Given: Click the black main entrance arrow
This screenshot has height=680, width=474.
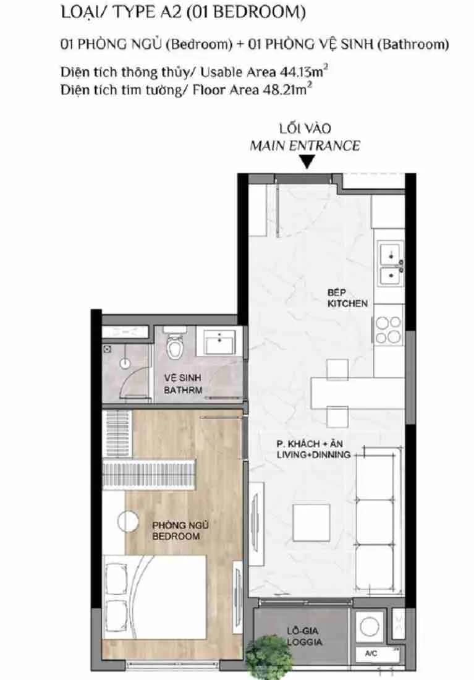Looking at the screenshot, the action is (307, 163).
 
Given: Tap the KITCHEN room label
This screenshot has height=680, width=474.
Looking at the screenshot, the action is (347, 303).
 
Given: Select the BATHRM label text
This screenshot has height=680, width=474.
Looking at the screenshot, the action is (183, 390).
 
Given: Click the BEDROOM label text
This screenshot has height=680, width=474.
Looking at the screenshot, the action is (176, 537).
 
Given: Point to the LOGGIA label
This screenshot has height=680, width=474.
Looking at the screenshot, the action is (305, 642).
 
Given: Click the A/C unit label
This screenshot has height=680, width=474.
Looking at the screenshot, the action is (371, 653).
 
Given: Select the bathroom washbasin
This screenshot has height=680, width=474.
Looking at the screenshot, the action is (220, 341).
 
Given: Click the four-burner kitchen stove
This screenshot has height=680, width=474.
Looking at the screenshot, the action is (387, 329).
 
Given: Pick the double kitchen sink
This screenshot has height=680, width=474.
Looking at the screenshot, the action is (391, 264).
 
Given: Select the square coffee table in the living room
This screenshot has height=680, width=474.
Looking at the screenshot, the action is (311, 522).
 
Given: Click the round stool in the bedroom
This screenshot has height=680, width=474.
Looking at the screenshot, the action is (129, 521).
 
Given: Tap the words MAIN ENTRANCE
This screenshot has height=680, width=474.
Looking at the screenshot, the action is (305, 146).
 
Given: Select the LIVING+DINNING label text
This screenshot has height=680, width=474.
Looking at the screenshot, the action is (313, 454).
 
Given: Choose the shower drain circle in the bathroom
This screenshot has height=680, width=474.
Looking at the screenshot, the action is (125, 363).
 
